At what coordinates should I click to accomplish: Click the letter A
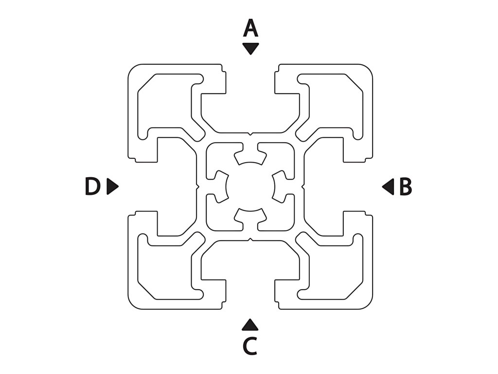[250, 29]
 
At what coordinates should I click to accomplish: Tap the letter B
[406, 187]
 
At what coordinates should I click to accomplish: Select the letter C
[250, 346]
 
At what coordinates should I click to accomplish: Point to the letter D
[92, 187]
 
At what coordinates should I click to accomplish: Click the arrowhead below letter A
[250, 48]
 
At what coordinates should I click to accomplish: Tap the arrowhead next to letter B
[388, 187]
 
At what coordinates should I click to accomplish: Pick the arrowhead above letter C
[250, 325]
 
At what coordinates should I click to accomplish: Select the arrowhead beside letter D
[112, 187]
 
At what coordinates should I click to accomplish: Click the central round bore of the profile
[250, 187]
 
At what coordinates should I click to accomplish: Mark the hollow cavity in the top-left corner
[165, 105]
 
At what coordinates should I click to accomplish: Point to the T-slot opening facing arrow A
[250, 78]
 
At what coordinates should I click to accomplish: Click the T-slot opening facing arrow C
[250, 295]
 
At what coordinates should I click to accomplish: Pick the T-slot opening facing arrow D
[142, 187]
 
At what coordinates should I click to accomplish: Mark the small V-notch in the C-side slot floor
[250, 240]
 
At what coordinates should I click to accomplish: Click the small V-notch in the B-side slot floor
[303, 187]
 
